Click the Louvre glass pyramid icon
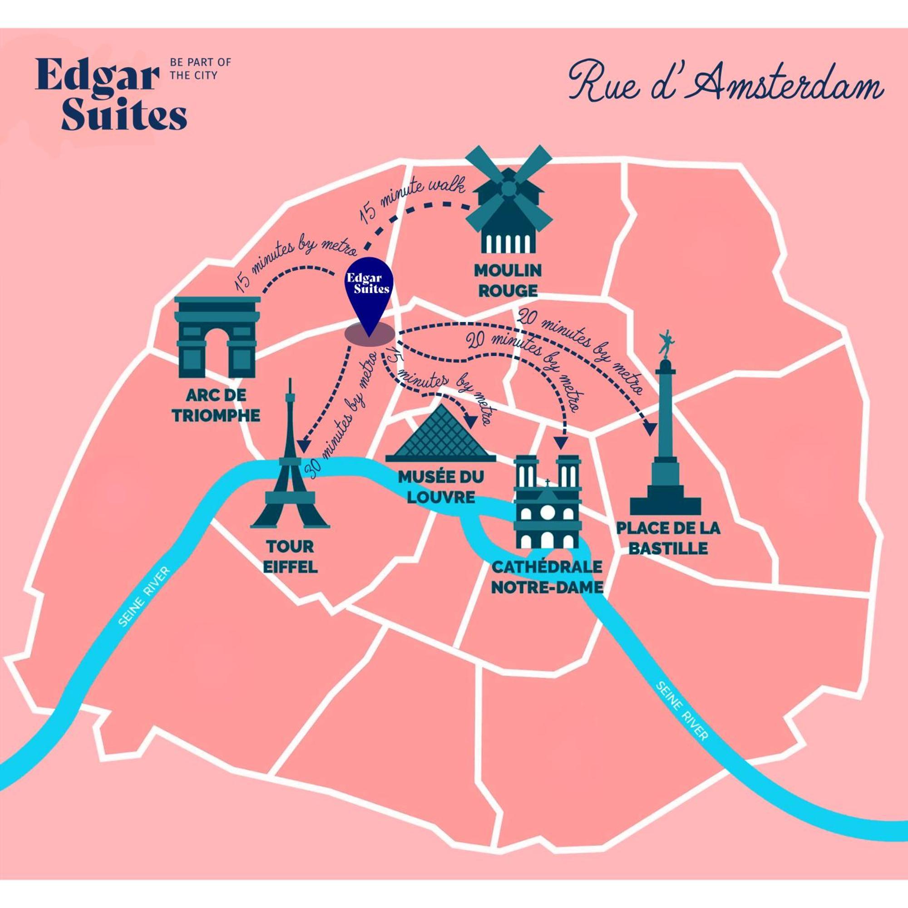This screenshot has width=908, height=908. click(441, 438)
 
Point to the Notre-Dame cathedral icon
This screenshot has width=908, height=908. click(548, 503)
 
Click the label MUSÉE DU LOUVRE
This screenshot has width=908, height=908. click(441, 487)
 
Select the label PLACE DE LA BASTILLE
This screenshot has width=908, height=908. click(668, 538)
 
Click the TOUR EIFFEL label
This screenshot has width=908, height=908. click(290, 557)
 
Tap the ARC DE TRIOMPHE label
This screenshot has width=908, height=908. click(216, 405)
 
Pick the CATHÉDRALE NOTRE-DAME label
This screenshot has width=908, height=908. click(547, 577)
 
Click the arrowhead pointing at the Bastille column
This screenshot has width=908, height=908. click(651, 429)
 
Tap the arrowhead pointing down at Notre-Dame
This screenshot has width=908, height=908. click(560, 443)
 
